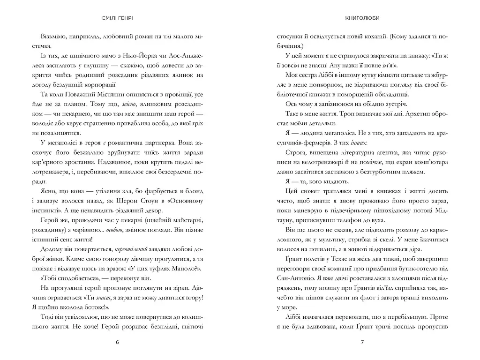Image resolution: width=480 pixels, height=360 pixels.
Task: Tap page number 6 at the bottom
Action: pyautogui.click(x=117, y=342)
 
